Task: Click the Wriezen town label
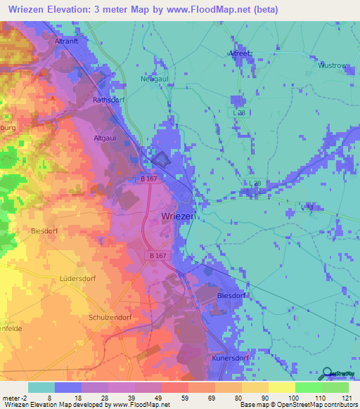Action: tap(179, 216)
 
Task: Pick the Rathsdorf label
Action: tap(109, 100)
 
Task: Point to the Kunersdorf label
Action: tap(231, 358)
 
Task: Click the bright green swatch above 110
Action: tap(309, 387)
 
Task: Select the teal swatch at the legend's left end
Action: tap(41, 387)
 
